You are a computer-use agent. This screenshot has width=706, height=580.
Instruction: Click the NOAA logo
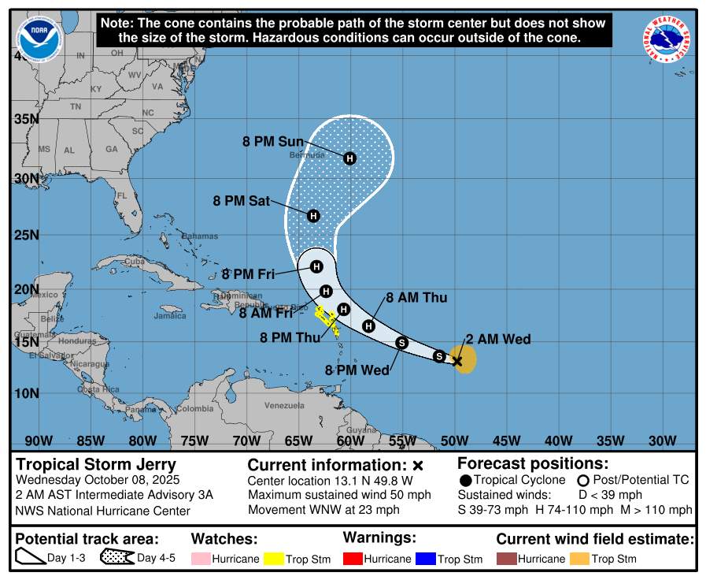pos(39,37)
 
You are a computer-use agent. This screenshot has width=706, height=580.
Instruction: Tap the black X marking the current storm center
pos(456,361)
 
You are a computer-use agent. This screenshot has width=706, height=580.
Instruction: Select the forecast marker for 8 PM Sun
pos(349,158)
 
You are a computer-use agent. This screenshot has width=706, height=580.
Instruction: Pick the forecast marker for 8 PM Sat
pos(313,216)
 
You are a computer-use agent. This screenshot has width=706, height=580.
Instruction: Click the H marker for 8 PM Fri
pos(316,266)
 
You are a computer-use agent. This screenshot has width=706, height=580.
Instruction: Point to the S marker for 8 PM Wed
pos(401,342)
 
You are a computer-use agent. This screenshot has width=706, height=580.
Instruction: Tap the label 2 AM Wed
pos(497,340)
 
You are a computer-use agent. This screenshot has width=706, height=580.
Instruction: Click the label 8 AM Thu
pos(416,297)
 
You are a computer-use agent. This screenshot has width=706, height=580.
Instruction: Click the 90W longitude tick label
pos(39,441)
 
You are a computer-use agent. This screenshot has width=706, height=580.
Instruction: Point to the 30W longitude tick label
pos(662,441)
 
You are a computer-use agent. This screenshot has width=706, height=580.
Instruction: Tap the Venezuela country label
pos(283,405)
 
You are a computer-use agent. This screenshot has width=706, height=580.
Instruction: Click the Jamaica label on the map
pos(170,316)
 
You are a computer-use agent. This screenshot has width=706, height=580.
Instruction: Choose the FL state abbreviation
pos(121,195)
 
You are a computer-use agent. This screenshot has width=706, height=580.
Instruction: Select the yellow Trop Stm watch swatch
pos(274,559)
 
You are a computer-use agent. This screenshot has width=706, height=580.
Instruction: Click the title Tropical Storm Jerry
pos(96,464)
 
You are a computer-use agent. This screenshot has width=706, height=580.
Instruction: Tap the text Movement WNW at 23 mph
pos(323,510)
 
